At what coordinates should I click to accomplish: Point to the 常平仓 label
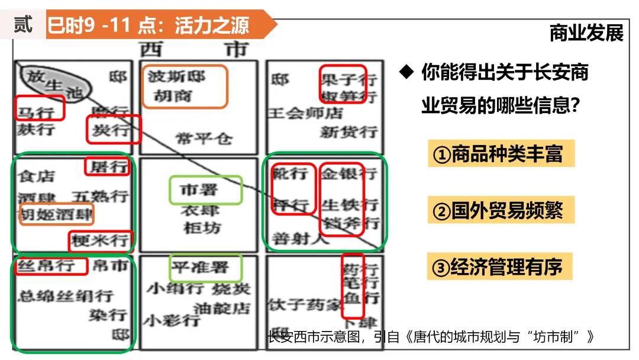tap(204, 139)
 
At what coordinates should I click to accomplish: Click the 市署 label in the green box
tap(199, 190)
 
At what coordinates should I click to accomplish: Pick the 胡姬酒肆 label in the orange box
tap(57, 213)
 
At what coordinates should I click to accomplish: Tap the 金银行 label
tap(348, 173)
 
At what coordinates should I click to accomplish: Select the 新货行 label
tap(348, 131)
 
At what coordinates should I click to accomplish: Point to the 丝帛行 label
tap(47, 265)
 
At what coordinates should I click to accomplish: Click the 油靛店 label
tap(222, 308)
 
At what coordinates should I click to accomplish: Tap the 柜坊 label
tap(202, 227)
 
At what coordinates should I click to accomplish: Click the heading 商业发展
tap(586, 33)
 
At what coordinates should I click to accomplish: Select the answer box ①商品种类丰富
tap(501, 155)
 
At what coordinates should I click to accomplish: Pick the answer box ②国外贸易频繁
tap(501, 211)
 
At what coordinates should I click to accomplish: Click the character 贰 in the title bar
tap(23, 25)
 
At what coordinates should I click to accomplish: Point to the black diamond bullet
tap(405, 72)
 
